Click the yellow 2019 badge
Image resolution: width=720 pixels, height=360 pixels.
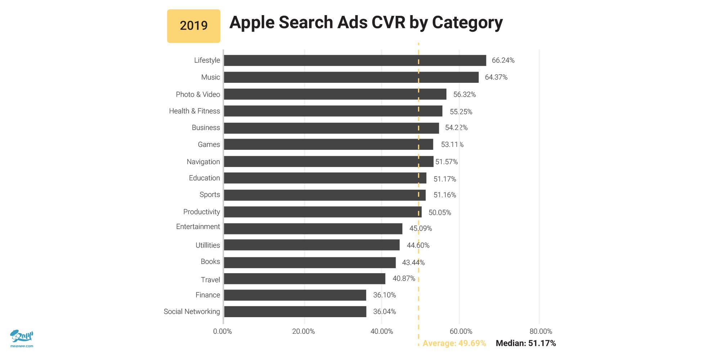[194, 26]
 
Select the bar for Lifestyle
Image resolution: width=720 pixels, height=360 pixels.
[355, 60]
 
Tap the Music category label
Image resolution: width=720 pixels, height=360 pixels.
[211, 77]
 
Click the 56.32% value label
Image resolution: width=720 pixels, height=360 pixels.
[464, 95]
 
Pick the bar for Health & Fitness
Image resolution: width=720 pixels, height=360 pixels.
[333, 111]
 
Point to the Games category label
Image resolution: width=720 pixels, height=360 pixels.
[209, 145]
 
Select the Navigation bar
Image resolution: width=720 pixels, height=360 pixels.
[328, 162]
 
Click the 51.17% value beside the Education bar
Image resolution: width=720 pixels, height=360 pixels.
[445, 179]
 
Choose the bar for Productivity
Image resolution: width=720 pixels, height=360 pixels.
[323, 212]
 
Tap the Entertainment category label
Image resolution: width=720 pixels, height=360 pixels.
[198, 227]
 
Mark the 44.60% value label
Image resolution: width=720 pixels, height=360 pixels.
[418, 246]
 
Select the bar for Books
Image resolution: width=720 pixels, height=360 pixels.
[310, 262]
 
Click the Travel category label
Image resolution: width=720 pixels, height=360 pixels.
[210, 280]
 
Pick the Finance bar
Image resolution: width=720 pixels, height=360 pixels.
[295, 295]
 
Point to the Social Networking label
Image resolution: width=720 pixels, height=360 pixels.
[192, 312]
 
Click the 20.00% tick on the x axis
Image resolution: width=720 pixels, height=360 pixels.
[303, 332]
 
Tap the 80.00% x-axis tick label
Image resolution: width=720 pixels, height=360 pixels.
[541, 332]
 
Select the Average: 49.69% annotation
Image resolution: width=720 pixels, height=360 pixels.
[454, 343]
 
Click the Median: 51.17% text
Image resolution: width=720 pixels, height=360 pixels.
[526, 343]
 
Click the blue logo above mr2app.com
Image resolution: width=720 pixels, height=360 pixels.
[22, 336]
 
